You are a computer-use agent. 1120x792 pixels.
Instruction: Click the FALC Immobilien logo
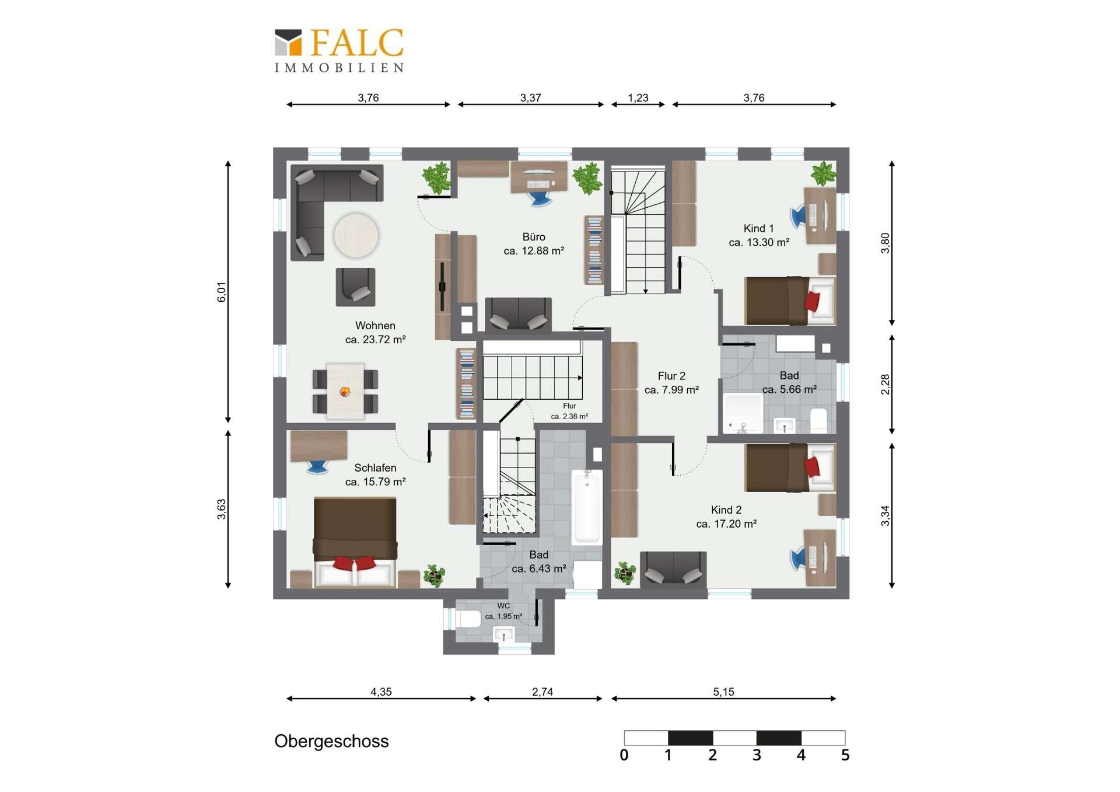click(339, 51)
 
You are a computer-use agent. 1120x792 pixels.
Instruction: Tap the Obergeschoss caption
click(331, 741)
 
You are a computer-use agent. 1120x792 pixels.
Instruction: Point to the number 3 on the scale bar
click(757, 755)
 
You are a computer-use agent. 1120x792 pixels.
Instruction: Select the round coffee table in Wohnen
click(356, 235)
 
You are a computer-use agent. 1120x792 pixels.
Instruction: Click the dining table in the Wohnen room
click(345, 391)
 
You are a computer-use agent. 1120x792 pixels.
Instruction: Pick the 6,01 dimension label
click(221, 292)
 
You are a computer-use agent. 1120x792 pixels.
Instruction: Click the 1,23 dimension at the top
click(638, 97)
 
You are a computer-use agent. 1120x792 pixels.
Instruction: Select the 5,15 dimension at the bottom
click(723, 692)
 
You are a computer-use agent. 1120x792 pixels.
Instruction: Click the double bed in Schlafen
click(355, 542)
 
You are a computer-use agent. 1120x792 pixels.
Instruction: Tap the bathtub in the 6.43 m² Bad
click(587, 507)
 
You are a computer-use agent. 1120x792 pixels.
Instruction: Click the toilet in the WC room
click(468, 619)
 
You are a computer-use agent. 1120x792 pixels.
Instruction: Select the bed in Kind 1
click(790, 301)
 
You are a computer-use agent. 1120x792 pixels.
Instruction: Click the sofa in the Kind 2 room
click(673, 568)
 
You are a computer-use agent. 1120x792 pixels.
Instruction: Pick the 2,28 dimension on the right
click(885, 384)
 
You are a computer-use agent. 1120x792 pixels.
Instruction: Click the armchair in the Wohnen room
click(355, 287)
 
